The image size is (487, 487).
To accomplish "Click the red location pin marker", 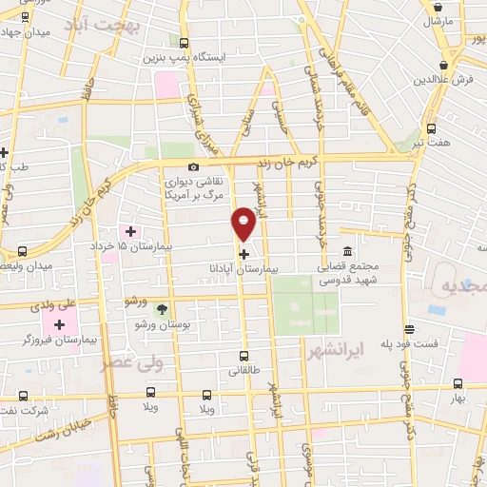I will click(x=244, y=223).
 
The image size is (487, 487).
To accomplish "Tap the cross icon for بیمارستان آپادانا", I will click(x=244, y=253).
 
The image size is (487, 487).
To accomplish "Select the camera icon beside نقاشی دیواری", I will click(x=194, y=166).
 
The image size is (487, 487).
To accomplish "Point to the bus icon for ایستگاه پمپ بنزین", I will click(x=183, y=43).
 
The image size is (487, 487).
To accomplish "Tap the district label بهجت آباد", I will click(x=102, y=28).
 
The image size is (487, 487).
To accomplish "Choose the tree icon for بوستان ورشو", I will click(x=162, y=308).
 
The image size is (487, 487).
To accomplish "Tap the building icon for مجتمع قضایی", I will click(x=346, y=251).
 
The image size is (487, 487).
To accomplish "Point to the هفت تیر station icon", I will click(x=431, y=129).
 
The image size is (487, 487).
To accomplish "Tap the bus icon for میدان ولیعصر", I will click(x=22, y=251).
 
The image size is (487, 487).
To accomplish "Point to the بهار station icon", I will click(x=458, y=384).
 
